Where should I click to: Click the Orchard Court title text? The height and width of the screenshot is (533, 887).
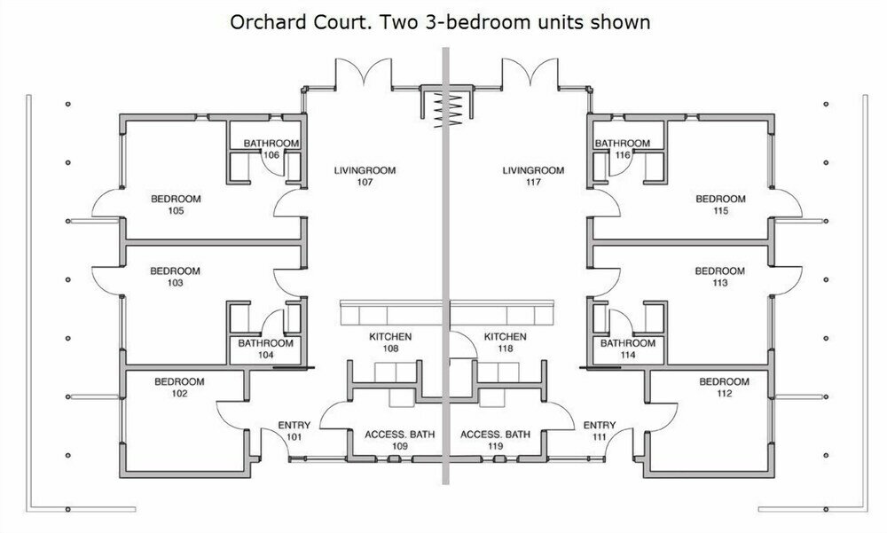(x=440, y=23)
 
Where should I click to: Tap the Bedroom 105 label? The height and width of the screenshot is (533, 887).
(x=176, y=205)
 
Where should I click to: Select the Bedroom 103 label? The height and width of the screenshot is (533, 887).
(x=176, y=277)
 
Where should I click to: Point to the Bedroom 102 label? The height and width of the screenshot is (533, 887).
(x=179, y=388)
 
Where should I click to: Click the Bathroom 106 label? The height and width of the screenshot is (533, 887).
(x=271, y=149)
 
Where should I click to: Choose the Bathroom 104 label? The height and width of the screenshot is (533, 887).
(x=266, y=349)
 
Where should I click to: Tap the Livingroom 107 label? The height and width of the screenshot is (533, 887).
(x=365, y=176)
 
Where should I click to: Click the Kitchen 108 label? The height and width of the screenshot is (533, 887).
(x=390, y=342)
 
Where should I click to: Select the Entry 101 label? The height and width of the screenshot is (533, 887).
(x=294, y=431)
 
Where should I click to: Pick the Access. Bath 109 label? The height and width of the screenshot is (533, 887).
(x=400, y=440)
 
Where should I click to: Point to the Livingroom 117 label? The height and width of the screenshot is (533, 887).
(x=533, y=176)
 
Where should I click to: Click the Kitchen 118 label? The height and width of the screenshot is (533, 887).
(x=506, y=342)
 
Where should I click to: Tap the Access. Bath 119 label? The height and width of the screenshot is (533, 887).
(x=496, y=440)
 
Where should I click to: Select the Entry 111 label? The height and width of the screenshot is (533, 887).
(x=600, y=431)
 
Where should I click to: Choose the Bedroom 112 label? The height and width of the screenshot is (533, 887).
(x=724, y=388)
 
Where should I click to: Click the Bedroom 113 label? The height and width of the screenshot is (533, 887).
(x=720, y=277)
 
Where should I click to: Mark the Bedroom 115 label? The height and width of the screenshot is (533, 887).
(x=720, y=205)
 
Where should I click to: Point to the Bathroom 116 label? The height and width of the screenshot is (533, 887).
(x=623, y=149)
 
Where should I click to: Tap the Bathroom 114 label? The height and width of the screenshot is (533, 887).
(x=628, y=349)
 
